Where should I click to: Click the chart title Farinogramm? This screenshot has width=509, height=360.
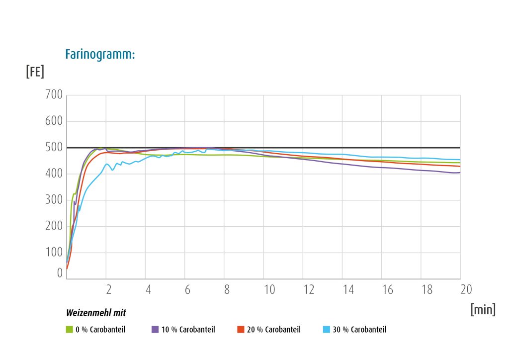pyautogui.click(x=100, y=55)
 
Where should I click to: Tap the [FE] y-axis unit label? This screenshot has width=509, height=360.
pyautogui.click(x=35, y=72)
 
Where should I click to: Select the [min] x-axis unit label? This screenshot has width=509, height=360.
pyautogui.click(x=483, y=309)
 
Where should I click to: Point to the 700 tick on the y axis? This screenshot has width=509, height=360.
pyautogui.click(x=54, y=94)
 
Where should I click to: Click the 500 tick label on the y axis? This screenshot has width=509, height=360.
pyautogui.click(x=54, y=147)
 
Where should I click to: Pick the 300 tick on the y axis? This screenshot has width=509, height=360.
pyautogui.click(x=54, y=199)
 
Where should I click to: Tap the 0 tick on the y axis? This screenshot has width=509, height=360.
pyautogui.click(x=60, y=273)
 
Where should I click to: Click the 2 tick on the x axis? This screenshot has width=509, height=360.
pyautogui.click(x=109, y=289)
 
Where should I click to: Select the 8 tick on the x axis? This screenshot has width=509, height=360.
pyautogui.click(x=227, y=289)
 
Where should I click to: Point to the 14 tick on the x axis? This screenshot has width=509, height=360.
pyautogui.click(x=348, y=289)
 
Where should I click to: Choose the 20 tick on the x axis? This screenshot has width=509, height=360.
pyautogui.click(x=466, y=289)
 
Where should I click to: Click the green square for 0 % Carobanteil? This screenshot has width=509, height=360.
pyautogui.click(x=70, y=330)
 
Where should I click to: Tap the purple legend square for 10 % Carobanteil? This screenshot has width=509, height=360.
pyautogui.click(x=155, y=330)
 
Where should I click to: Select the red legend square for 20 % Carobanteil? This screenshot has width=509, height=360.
pyautogui.click(x=241, y=330)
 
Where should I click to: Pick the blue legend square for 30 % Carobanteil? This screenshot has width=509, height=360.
pyautogui.click(x=327, y=330)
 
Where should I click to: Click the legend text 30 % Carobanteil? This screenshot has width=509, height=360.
pyautogui.click(x=360, y=330)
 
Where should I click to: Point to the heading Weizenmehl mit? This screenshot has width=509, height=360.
pyautogui.click(x=96, y=313)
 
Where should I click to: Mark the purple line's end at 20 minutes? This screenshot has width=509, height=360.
pyautogui.click(x=460, y=173)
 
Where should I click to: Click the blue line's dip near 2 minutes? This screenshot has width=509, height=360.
pyautogui.click(x=113, y=170)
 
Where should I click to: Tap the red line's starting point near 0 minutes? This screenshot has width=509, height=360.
pyautogui.click(x=67, y=269)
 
